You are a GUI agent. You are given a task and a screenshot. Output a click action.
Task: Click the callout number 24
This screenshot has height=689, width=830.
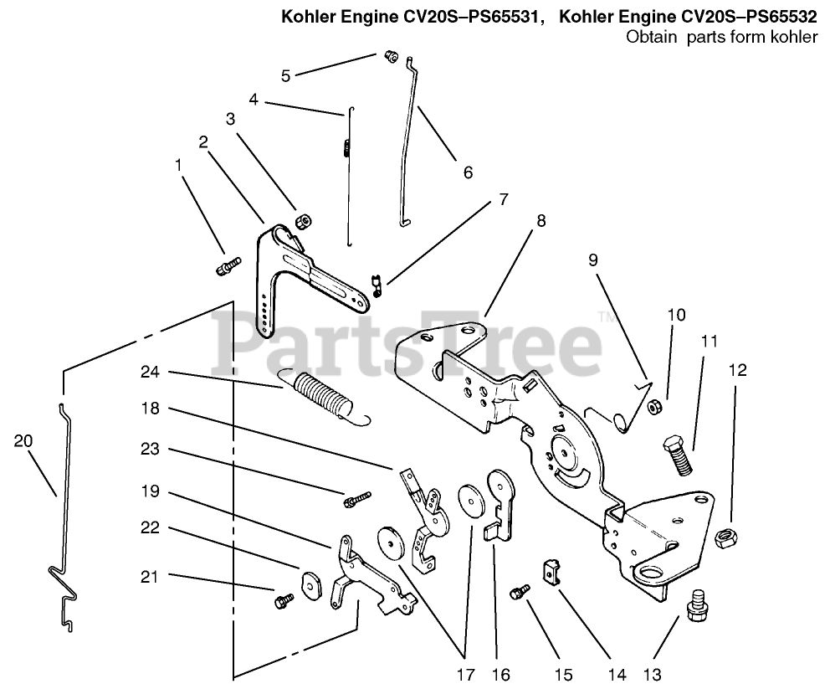point(150,372)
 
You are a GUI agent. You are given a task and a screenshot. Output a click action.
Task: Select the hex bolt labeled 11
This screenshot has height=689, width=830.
point(678,454)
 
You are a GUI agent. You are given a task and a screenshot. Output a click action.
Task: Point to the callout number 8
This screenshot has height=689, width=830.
point(541,220)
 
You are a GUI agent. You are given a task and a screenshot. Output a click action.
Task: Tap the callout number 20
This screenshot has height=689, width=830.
point(23,440)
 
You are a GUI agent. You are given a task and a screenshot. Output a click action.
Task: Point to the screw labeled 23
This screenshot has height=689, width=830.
point(356,500)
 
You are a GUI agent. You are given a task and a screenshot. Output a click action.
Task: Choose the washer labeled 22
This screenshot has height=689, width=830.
point(311,584)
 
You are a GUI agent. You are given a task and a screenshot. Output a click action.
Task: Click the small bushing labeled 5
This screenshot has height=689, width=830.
point(390,55)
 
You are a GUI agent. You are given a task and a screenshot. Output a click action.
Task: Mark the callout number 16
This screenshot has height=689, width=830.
point(500,674)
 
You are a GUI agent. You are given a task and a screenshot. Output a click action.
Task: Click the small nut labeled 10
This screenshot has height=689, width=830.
point(654,407)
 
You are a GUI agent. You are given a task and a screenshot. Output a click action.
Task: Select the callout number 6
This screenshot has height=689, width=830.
point(468,172)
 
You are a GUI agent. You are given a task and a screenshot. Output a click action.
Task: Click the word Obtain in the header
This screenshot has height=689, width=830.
point(652,37)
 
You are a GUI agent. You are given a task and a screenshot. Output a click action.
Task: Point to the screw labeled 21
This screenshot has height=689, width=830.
point(284,600)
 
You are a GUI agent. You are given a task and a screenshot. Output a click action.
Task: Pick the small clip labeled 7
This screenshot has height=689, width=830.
point(377,285)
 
